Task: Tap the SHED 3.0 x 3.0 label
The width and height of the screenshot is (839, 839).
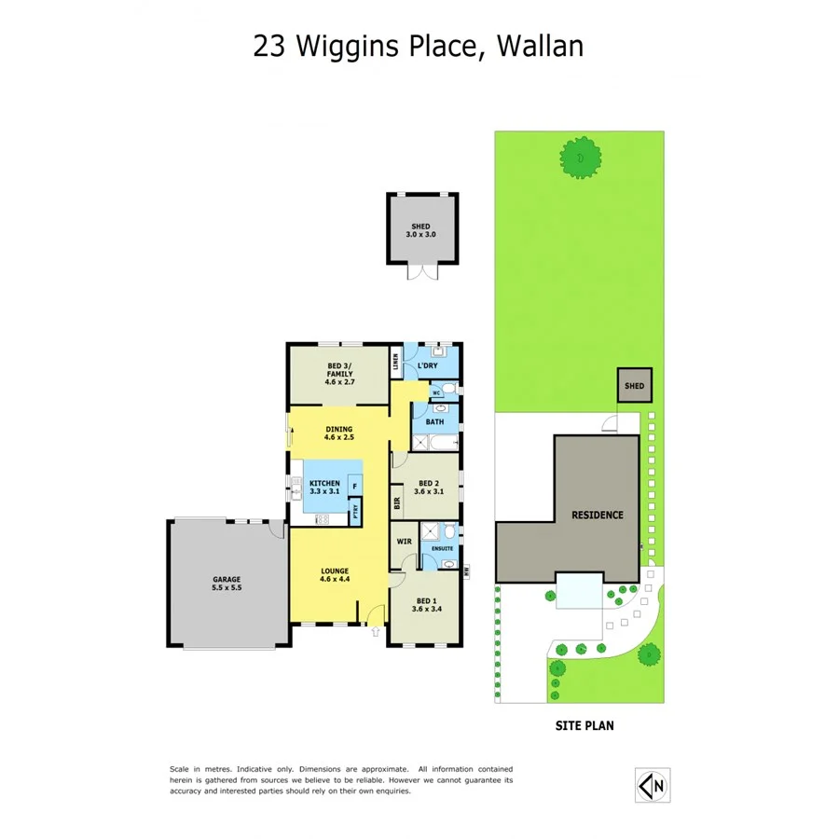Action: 421,230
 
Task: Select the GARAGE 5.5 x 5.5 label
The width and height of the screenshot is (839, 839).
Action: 227,584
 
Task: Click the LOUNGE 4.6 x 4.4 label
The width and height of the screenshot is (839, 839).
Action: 334,575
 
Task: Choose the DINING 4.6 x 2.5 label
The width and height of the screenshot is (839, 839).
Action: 338,433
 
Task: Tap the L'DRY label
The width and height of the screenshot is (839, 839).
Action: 427,366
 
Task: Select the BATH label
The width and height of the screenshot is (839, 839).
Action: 434,422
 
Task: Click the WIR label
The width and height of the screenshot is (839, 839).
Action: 405,541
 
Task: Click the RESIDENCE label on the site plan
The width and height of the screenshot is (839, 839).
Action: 597,515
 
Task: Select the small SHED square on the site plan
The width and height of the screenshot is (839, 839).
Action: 634,385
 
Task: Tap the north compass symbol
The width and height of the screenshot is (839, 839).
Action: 653,785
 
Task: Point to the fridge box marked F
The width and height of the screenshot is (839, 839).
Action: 353,487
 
